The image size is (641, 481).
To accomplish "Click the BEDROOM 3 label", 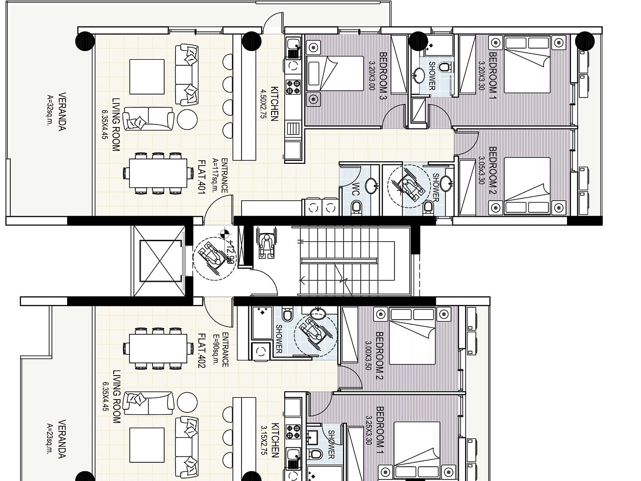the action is (383, 76).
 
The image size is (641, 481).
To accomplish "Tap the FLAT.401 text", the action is (202, 177).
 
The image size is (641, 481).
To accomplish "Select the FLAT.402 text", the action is (202, 351).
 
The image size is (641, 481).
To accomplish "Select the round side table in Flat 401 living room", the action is (188, 120).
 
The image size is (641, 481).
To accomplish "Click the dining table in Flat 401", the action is (158, 173).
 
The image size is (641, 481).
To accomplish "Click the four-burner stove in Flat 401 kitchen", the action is (293, 87).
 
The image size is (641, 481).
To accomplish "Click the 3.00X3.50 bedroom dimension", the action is (368, 355).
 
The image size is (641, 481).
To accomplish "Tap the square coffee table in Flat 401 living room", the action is (147, 76).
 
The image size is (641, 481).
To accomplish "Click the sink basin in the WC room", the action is (371, 186).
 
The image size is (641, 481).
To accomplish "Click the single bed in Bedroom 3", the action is (335, 74).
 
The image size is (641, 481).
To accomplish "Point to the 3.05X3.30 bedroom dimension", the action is (482, 170).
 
